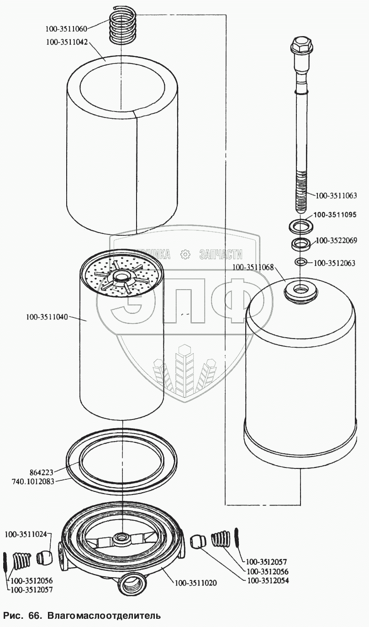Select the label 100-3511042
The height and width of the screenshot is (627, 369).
(66, 42)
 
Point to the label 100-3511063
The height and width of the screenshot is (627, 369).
(336, 196)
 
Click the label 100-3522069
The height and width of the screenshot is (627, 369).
(337, 240)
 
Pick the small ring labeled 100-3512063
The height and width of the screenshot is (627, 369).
(300, 262)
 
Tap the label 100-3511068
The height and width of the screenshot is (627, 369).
(253, 267)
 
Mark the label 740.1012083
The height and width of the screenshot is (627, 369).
(35, 481)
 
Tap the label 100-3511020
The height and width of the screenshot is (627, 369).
(195, 583)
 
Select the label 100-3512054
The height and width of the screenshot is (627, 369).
(268, 580)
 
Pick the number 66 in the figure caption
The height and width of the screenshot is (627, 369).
(34, 615)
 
